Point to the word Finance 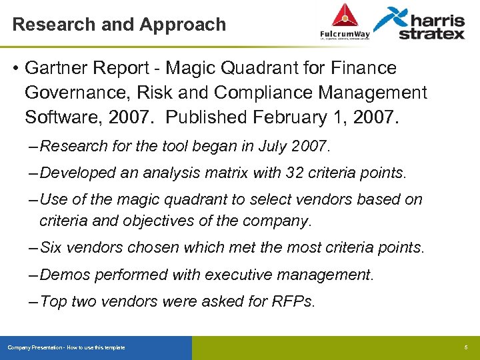361,68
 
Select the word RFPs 293,301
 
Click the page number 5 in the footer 465,348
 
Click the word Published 206,117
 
